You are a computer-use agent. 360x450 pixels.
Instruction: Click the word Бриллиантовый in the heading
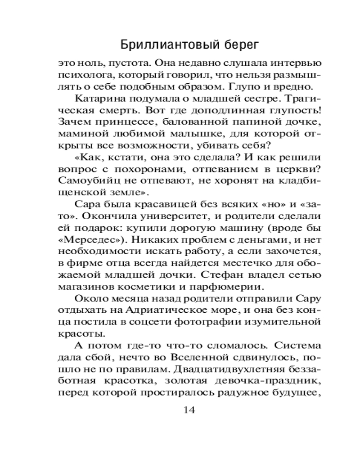click(x=157, y=45)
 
